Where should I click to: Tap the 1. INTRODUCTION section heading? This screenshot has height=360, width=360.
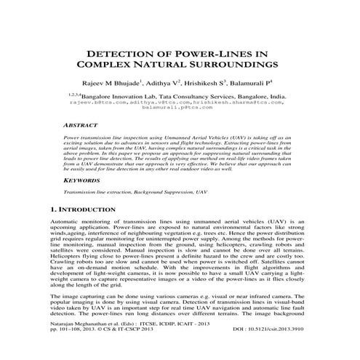84,209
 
